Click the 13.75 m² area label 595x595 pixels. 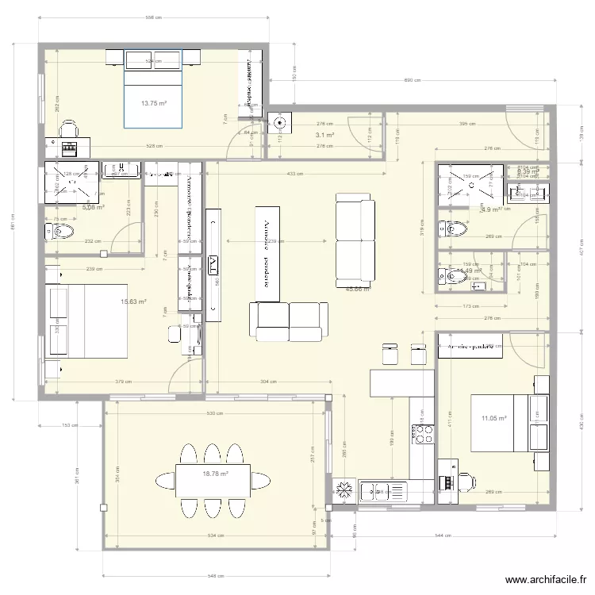154,103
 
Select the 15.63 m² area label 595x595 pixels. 133,301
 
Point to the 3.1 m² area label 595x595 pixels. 324,136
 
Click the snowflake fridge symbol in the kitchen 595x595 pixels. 344,490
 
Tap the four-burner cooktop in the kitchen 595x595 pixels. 421,433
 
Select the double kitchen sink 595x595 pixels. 378,492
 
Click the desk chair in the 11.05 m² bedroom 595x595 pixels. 465,479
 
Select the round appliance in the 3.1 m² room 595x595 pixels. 280,122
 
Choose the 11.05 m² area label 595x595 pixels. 493,418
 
